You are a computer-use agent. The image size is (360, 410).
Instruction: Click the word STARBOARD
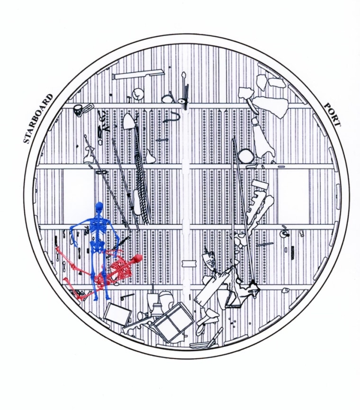(x=38, y=118)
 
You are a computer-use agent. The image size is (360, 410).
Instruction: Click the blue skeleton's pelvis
(x=98, y=246)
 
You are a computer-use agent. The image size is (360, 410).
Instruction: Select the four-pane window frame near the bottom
(x=171, y=322)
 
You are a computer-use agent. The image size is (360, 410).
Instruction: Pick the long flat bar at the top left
(x=138, y=74)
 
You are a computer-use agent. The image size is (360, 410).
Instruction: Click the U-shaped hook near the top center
(x=174, y=116)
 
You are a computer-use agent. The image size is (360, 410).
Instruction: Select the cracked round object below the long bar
(x=137, y=93)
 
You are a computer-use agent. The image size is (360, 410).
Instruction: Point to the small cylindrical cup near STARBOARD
(x=78, y=109)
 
